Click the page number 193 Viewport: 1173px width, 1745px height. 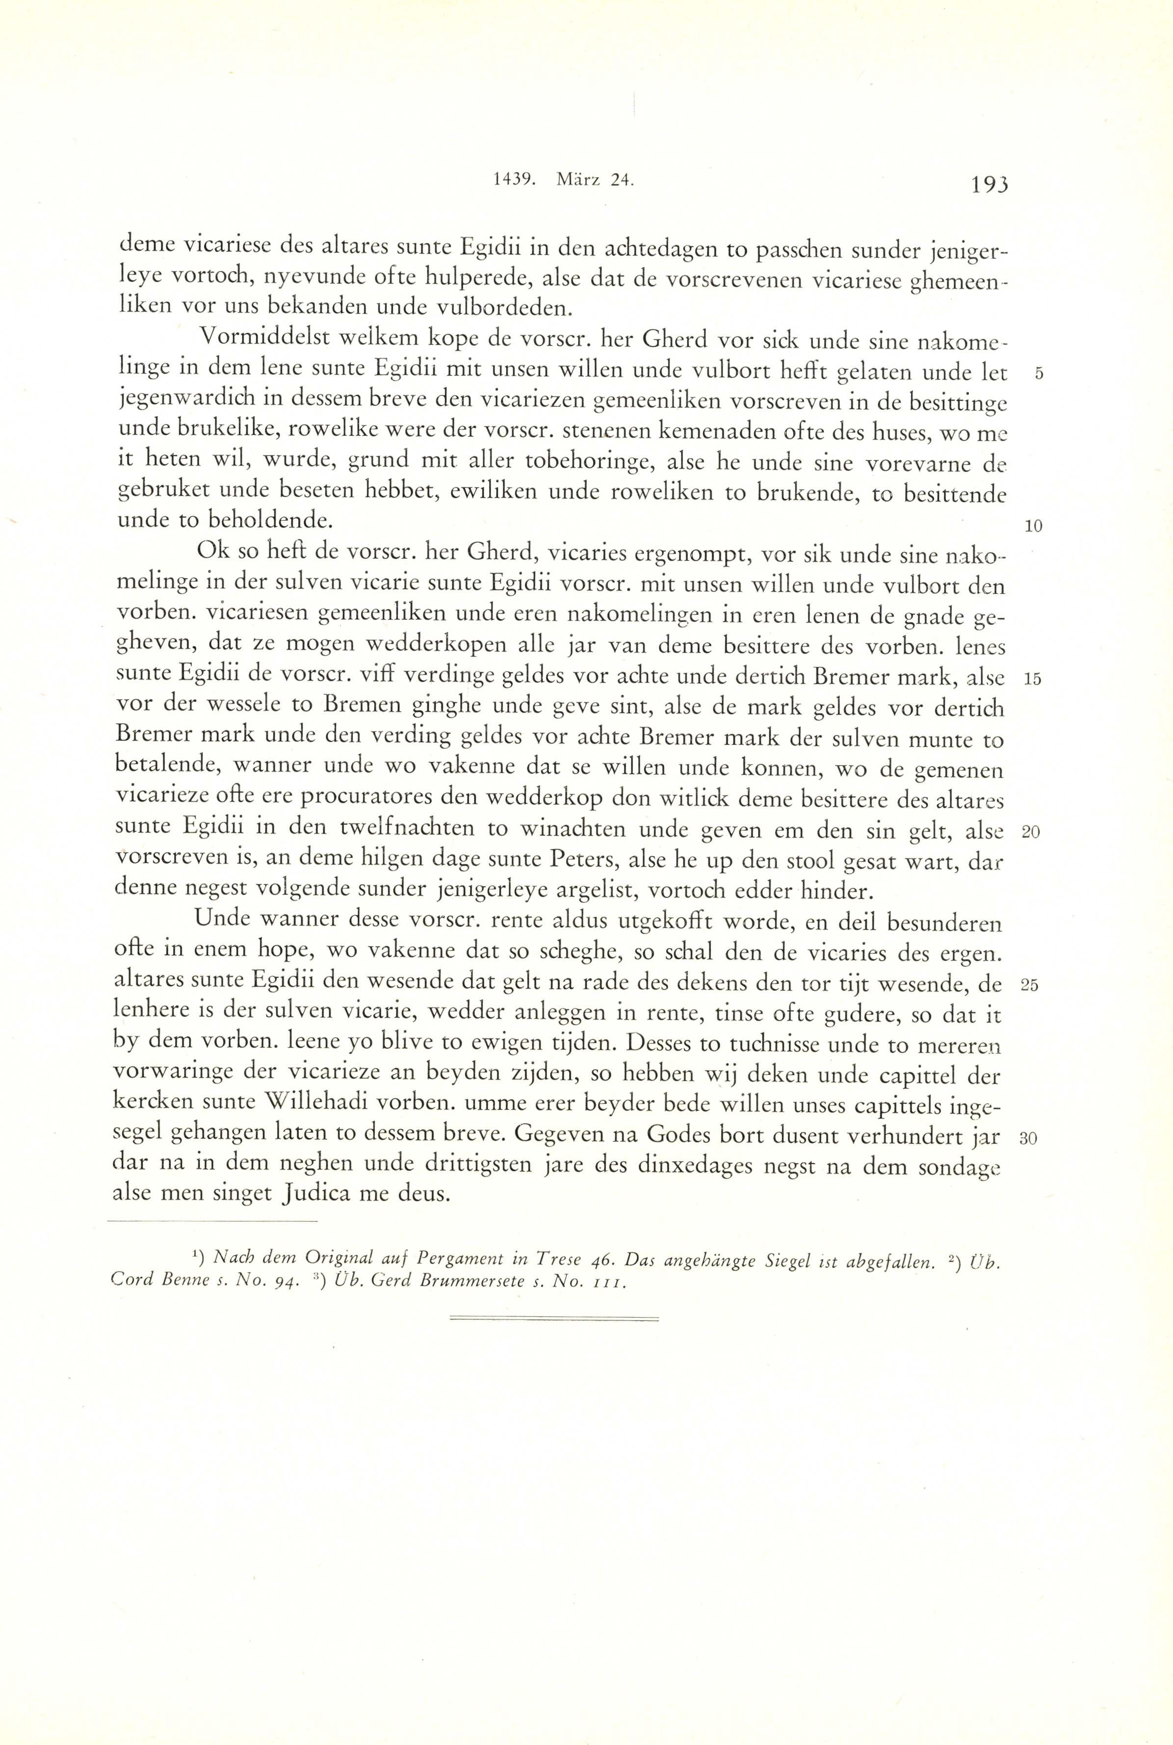(988, 184)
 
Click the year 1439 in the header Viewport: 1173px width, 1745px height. (513, 180)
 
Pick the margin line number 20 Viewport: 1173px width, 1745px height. (1031, 833)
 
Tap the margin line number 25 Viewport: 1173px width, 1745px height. (1030, 985)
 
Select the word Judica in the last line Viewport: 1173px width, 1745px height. (316, 1193)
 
